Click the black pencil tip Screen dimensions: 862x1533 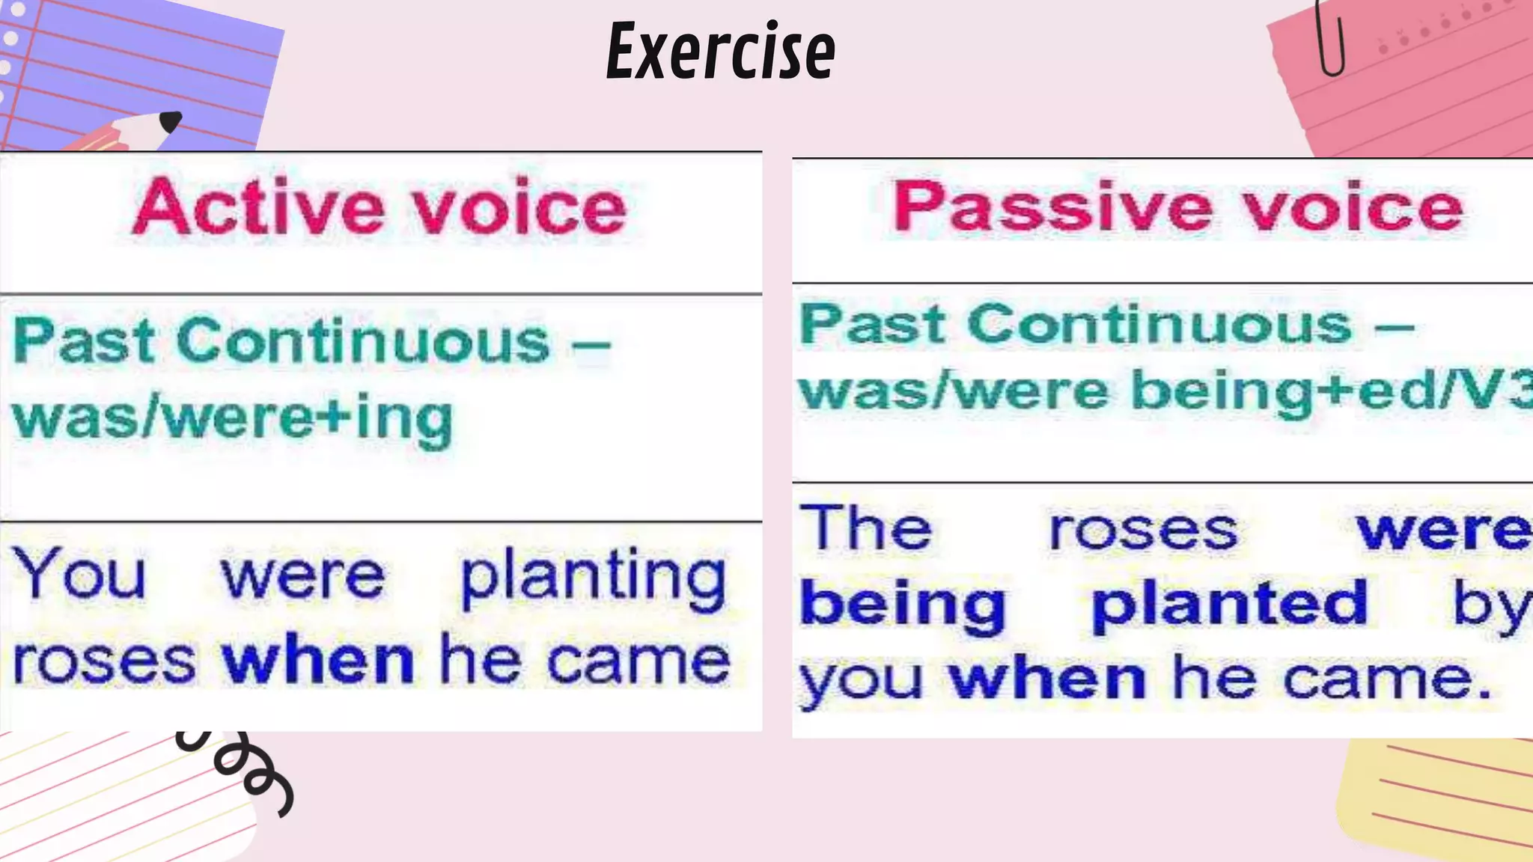point(171,120)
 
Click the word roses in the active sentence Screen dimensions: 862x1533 point(104,662)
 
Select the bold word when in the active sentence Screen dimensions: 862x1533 point(317,661)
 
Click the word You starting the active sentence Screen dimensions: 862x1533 point(80,575)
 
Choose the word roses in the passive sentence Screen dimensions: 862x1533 point(1142,531)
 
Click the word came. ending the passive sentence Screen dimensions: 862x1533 point(1386,679)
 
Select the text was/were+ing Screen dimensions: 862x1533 point(233,419)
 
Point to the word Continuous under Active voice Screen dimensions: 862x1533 point(364,342)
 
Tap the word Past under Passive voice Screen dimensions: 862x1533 point(873,325)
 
